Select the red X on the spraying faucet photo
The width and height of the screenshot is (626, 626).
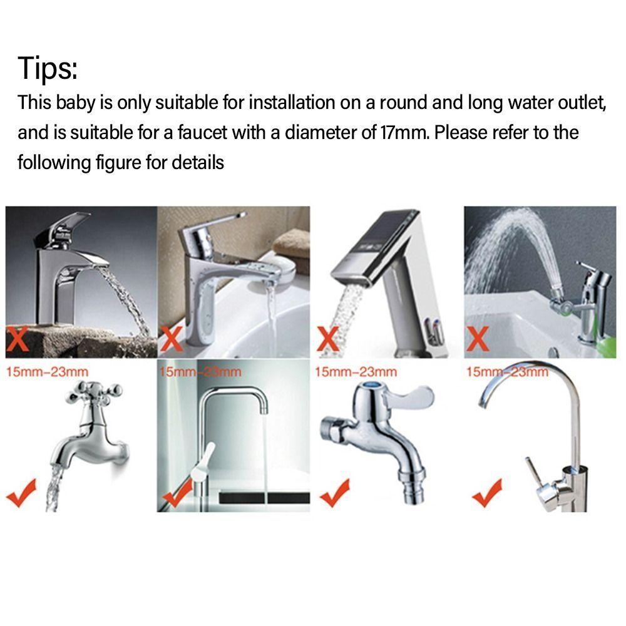click(x=478, y=340)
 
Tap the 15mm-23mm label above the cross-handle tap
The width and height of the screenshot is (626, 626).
click(x=47, y=372)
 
